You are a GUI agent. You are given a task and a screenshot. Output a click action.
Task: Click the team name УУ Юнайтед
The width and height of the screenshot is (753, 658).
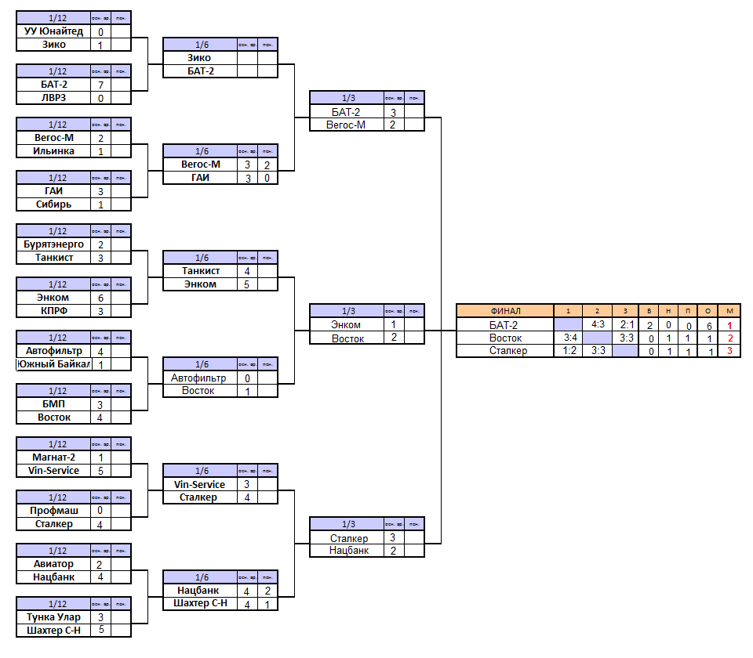[53, 32]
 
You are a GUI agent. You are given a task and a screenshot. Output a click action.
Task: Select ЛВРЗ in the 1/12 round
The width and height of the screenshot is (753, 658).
[53, 98]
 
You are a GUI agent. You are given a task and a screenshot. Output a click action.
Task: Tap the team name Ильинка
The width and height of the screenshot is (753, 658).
[53, 151]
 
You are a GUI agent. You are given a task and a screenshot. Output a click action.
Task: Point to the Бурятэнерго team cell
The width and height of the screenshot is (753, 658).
[53, 244]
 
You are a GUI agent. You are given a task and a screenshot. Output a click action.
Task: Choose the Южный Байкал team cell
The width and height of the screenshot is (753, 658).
[53, 364]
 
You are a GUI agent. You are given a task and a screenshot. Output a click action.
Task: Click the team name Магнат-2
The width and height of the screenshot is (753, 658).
[53, 457]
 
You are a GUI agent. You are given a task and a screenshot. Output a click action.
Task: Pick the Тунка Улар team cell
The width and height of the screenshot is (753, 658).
[53, 617]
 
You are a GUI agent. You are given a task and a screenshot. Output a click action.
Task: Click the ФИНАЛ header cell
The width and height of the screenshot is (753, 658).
[504, 311]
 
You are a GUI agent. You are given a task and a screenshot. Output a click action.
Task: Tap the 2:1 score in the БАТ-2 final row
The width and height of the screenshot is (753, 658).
[625, 324]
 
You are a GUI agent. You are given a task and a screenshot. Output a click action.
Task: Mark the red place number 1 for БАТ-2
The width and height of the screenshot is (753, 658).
[729, 324]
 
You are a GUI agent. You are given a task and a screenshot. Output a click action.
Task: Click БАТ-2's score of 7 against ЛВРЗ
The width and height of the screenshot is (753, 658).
[101, 85]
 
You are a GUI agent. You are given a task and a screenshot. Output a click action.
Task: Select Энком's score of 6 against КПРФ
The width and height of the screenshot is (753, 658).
[101, 298]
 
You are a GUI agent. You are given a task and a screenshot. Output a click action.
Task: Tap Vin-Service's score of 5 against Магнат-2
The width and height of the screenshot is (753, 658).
[101, 471]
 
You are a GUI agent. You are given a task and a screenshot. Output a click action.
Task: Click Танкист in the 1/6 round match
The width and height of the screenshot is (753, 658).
[200, 271]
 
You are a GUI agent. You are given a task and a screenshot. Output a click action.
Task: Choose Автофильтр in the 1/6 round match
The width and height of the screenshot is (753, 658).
[200, 378]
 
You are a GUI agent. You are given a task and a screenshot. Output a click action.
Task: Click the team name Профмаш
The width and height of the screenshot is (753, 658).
[53, 511]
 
